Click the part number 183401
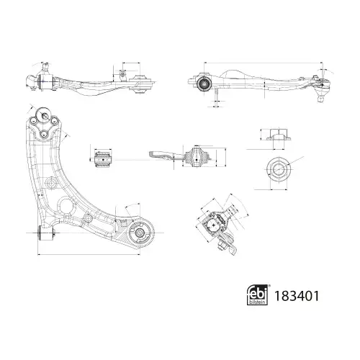297,296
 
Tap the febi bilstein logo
257,295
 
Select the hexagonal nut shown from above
279,169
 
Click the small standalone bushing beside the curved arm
103,159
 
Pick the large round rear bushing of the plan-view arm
140,233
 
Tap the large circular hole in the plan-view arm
66,206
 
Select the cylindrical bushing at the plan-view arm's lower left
47,233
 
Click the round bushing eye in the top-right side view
204,84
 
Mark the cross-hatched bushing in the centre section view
197,157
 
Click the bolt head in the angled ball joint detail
221,246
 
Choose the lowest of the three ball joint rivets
44,135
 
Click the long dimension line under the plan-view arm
89,254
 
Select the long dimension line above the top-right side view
263,63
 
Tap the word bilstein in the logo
258,302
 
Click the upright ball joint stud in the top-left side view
45,68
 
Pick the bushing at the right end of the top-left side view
140,84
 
